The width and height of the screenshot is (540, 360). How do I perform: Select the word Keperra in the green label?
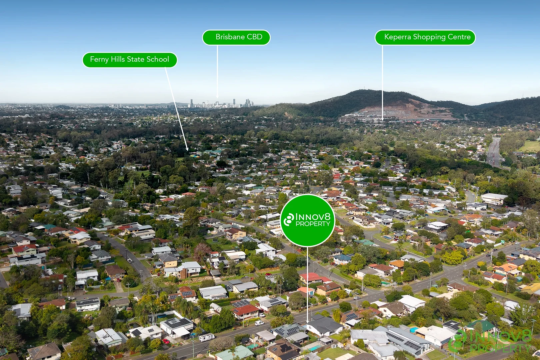[x=397, y=37]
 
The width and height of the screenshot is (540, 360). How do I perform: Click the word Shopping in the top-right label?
[x=429, y=37]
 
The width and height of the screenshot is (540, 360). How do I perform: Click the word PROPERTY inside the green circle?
[x=313, y=224]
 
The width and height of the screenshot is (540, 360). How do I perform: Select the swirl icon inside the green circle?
[x=289, y=220]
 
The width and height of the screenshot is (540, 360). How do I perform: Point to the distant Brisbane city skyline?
[x=222, y=104]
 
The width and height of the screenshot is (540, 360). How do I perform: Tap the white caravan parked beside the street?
[x=207, y=337]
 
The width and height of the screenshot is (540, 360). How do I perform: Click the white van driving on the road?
[x=259, y=323]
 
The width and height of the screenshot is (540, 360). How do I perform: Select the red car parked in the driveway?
[x=166, y=341]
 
